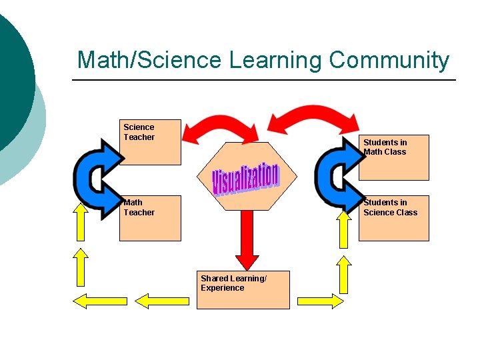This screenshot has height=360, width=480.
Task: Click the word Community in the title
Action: [x=389, y=60]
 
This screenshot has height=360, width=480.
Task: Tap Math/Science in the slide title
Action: [x=149, y=60]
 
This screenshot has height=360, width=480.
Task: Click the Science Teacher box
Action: [x=150, y=142]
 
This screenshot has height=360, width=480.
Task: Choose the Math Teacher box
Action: [x=150, y=217]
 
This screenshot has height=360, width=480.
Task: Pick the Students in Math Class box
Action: [x=394, y=157]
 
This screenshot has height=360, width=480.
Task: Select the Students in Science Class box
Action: [x=394, y=217]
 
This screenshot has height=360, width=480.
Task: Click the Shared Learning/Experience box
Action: [x=243, y=290]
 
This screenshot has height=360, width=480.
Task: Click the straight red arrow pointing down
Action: [x=247, y=240]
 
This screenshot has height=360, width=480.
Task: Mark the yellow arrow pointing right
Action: [x=320, y=301]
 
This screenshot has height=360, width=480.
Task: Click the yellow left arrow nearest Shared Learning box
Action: [x=166, y=301]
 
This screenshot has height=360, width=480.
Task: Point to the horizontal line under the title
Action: [x=263, y=81]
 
